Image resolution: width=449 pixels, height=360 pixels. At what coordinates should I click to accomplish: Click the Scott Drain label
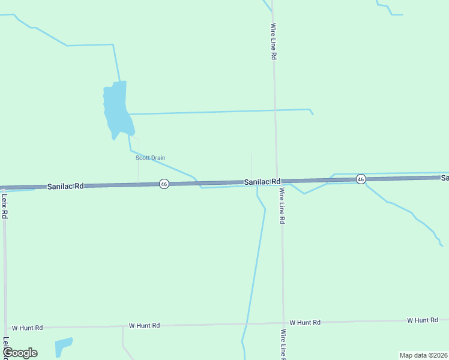pos(150,158)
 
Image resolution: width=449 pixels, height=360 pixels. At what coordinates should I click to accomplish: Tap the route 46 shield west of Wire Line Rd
pos(164,184)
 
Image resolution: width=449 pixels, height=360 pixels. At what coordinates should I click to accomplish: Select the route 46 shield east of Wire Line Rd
pos(360,179)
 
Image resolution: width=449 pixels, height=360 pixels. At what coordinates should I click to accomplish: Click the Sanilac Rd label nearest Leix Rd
pos(65,187)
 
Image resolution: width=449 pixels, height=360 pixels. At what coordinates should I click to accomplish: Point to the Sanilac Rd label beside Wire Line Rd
pos(262,181)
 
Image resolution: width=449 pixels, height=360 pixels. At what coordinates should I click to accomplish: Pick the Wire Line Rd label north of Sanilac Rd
pos(273,41)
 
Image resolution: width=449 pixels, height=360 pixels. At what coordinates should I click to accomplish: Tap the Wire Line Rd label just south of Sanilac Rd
pos(281,206)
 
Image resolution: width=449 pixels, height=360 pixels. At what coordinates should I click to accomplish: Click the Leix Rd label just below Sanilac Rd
pos(4,205)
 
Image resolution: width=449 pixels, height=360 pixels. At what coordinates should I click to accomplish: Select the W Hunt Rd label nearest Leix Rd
pos(27,328)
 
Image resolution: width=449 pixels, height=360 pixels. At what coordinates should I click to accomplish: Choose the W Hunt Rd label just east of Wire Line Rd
pos(305,322)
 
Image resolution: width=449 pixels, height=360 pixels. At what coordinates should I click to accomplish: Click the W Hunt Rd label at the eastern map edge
pos(422,320)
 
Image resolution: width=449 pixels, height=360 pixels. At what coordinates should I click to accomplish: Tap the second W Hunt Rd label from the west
pos(144,325)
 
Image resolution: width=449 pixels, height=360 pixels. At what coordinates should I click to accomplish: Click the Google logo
pos(20,353)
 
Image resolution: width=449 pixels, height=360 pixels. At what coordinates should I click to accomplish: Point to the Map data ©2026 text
pos(423,355)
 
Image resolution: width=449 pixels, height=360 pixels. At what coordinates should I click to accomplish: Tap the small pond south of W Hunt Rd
pos(62,346)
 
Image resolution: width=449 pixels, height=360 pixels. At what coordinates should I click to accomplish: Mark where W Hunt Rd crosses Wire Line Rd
pos(283,323)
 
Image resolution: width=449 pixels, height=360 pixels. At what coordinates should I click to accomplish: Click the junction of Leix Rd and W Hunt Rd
pos(5,328)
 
